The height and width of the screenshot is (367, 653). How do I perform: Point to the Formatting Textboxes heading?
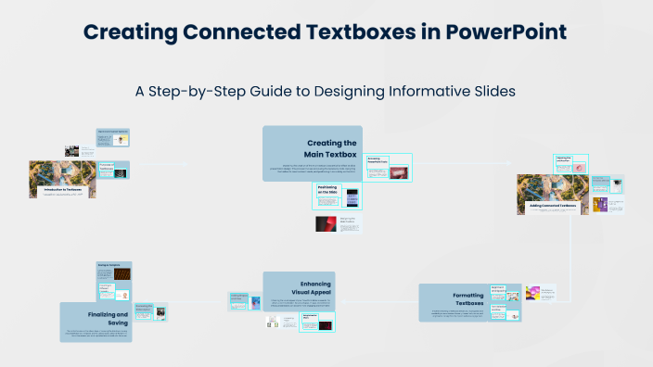pyautogui.click(x=467, y=298)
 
